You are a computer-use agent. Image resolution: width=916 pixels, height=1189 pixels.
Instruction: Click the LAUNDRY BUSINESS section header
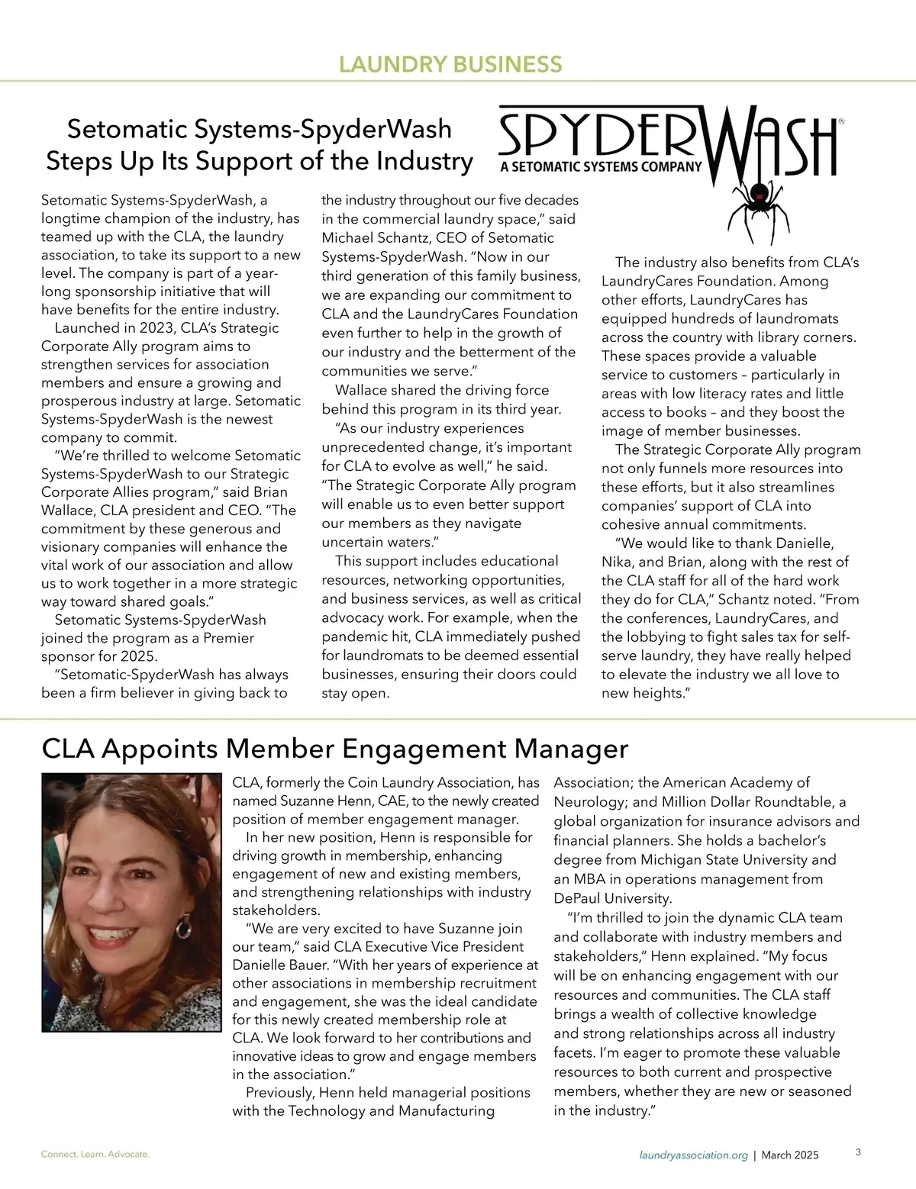tap(450, 64)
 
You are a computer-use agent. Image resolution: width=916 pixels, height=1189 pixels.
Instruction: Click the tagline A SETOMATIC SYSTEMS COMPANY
tap(600, 166)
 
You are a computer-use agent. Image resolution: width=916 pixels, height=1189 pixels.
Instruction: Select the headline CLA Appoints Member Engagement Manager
tap(335, 748)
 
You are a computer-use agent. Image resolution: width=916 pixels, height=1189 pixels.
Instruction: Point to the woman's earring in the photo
tap(184, 927)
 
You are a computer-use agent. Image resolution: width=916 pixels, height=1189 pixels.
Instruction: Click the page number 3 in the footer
tap(858, 1152)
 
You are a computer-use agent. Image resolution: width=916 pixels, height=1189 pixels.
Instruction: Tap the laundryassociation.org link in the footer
tap(693, 1155)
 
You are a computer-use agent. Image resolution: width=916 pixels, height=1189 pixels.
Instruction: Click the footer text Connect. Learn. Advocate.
tap(95, 1154)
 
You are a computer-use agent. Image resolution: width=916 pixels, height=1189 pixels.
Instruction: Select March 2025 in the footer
tap(790, 1155)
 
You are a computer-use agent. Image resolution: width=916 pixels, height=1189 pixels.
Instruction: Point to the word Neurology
tap(589, 802)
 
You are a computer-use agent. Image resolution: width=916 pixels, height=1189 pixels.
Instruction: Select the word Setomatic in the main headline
tap(124, 129)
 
